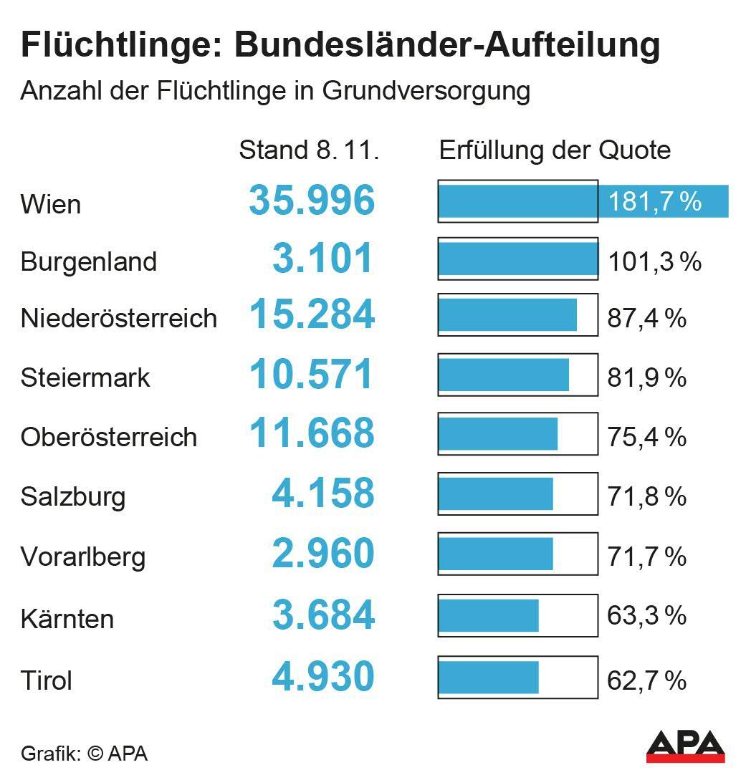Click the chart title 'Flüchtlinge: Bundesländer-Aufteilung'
340,46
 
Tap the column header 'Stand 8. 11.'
308,150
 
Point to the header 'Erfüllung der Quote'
555,150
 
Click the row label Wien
51,204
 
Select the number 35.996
312,201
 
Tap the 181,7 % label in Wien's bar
654,202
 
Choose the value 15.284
312,315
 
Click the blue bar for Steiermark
504,375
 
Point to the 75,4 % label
646,436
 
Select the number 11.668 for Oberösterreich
312,433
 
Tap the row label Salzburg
73,496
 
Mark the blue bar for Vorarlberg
496,554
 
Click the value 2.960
323,554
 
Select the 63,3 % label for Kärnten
646,615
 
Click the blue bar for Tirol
489,677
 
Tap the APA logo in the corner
685,746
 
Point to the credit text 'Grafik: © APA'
84,753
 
